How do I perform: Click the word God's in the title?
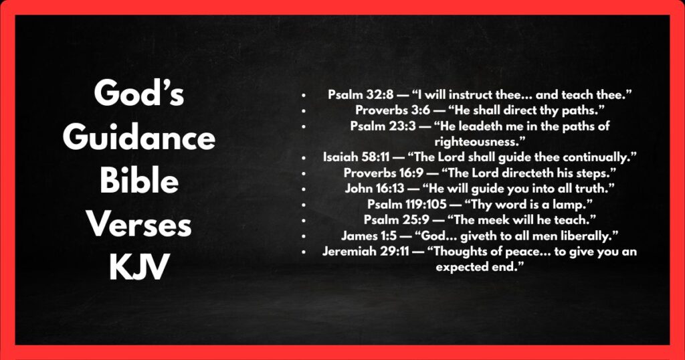tap(138, 94)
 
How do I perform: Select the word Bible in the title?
tap(138, 182)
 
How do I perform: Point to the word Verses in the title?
tap(138, 226)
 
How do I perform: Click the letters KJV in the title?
tap(138, 269)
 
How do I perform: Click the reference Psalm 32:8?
tap(355, 94)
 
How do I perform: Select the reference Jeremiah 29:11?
tap(361, 252)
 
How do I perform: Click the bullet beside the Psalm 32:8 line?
tap(304, 95)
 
